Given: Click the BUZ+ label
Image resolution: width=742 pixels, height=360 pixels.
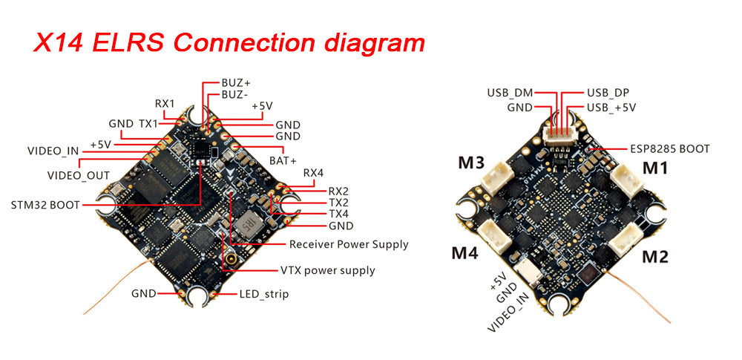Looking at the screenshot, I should (236, 82).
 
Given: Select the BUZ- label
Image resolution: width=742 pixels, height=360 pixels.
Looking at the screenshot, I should (235, 95).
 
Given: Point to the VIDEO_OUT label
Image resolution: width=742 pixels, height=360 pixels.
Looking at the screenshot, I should (78, 176).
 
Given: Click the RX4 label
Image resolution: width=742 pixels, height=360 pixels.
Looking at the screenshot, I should (313, 173).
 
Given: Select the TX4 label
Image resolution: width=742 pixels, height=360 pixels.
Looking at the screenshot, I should (338, 214).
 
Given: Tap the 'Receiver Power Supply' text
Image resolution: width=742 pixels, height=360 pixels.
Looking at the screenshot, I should (349, 243).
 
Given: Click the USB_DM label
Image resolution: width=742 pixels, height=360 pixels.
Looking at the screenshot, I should (510, 94).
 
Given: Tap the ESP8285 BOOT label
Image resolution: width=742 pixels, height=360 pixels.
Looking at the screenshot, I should (669, 148).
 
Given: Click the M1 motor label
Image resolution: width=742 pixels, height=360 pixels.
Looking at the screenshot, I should (654, 168).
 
